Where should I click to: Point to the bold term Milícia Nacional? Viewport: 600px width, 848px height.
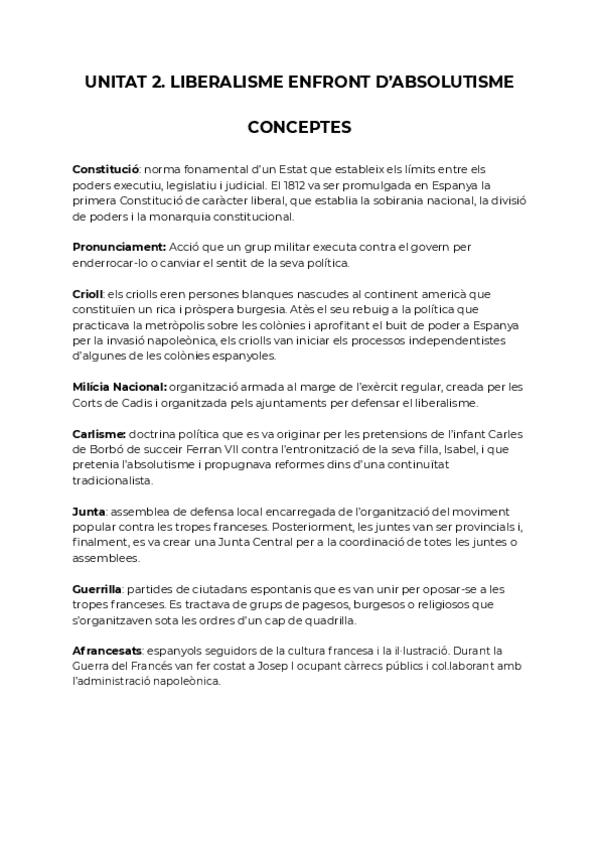click(119, 387)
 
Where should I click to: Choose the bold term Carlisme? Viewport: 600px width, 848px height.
click(99, 433)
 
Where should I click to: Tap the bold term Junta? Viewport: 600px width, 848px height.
click(90, 510)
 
